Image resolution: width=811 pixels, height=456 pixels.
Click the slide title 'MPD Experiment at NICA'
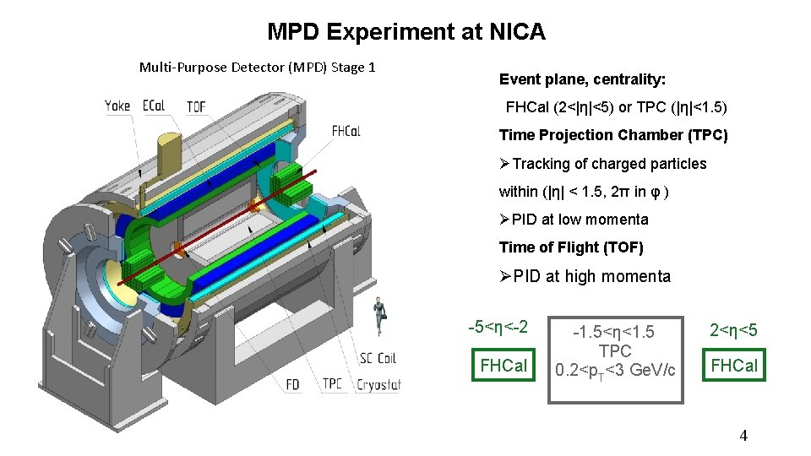(x=405, y=32)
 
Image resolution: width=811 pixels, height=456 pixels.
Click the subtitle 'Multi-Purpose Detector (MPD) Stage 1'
(x=257, y=67)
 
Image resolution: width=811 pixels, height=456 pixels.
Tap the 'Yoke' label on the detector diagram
(x=117, y=106)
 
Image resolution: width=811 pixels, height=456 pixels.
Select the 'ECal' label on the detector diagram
(x=154, y=106)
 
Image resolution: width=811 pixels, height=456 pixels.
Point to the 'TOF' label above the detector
(x=196, y=106)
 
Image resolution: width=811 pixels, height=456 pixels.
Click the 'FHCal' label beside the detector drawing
(x=346, y=131)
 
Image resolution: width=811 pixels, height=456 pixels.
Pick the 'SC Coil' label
(x=377, y=358)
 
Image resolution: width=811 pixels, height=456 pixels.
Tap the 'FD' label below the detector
(x=292, y=384)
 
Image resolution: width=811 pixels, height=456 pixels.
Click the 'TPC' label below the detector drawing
(x=333, y=384)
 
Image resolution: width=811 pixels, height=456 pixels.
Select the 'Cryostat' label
(x=378, y=384)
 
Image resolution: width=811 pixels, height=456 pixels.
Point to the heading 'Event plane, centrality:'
(x=582, y=79)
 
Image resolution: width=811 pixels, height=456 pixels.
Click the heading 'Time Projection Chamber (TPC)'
(x=612, y=135)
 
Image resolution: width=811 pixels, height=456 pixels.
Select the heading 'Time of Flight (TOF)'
(x=571, y=247)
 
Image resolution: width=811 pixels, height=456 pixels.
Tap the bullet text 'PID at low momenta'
(x=580, y=220)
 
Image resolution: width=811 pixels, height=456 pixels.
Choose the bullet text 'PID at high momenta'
(x=591, y=276)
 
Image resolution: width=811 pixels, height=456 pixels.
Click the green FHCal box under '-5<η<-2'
(x=503, y=366)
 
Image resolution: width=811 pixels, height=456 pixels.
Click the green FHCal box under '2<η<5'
(x=734, y=366)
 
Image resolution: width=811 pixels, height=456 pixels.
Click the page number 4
(x=743, y=436)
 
